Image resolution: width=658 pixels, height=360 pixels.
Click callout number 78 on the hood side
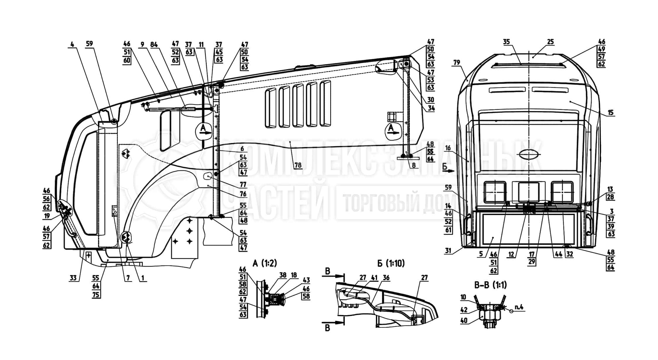(298, 165)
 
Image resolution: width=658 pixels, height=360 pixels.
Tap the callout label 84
(154, 44)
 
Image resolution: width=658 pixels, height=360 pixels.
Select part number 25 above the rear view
(550, 42)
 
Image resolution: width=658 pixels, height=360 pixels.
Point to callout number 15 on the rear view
(610, 113)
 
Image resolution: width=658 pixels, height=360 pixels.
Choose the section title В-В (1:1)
(490, 285)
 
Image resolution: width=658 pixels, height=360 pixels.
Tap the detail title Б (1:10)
(391, 263)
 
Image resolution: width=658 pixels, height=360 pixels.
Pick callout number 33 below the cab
(73, 277)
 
